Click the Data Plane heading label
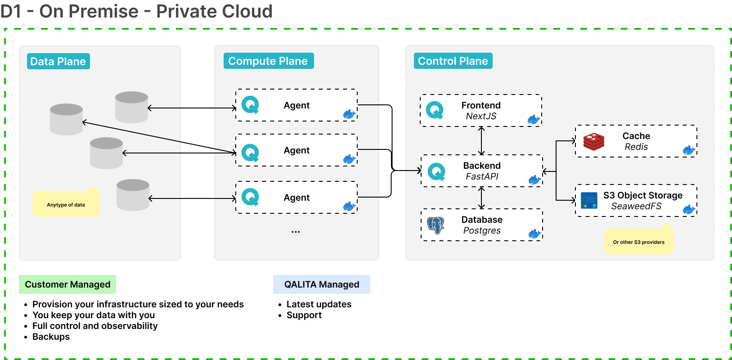[x=58, y=61]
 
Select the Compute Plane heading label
[x=268, y=61]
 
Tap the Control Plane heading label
[x=453, y=61]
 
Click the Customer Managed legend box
[x=67, y=284]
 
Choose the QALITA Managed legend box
[x=322, y=284]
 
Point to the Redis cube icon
[x=594, y=141]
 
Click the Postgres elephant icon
[x=436, y=225]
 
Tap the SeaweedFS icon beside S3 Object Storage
[x=589, y=201]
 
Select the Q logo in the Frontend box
[x=435, y=110]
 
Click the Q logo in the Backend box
[x=436, y=171]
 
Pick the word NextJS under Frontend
[x=481, y=116]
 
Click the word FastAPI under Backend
[x=482, y=176]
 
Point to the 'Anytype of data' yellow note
[x=66, y=205]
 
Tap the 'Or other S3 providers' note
[x=638, y=242]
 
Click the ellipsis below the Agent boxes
[x=296, y=232]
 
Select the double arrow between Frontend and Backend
[x=481, y=141]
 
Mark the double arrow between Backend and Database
[x=481, y=198]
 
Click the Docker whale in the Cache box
[x=689, y=150]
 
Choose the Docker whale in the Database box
[x=534, y=234]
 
